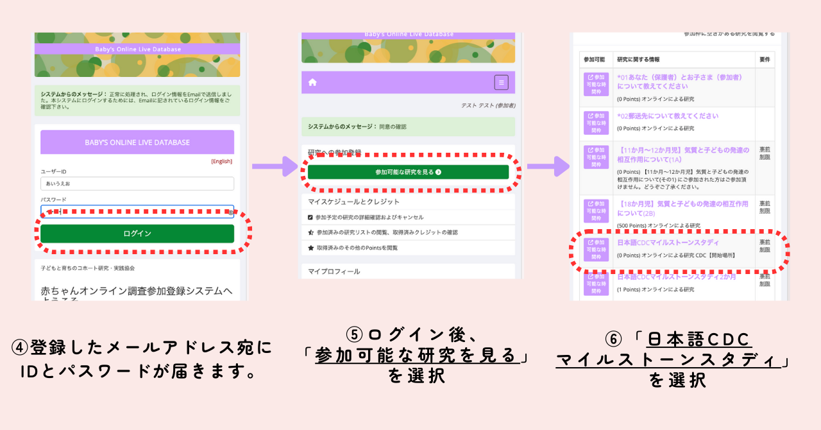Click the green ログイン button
137,234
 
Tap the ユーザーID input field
137,184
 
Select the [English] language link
221,161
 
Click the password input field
137,211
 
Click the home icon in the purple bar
312,82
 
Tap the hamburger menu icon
501,82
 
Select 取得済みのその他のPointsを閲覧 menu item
357,248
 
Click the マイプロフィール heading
334,271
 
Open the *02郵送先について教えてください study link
668,116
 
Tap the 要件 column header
765,60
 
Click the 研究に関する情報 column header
638,60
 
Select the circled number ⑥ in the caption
613,339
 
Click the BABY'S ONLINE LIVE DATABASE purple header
137,142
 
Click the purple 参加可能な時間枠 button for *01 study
596,84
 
